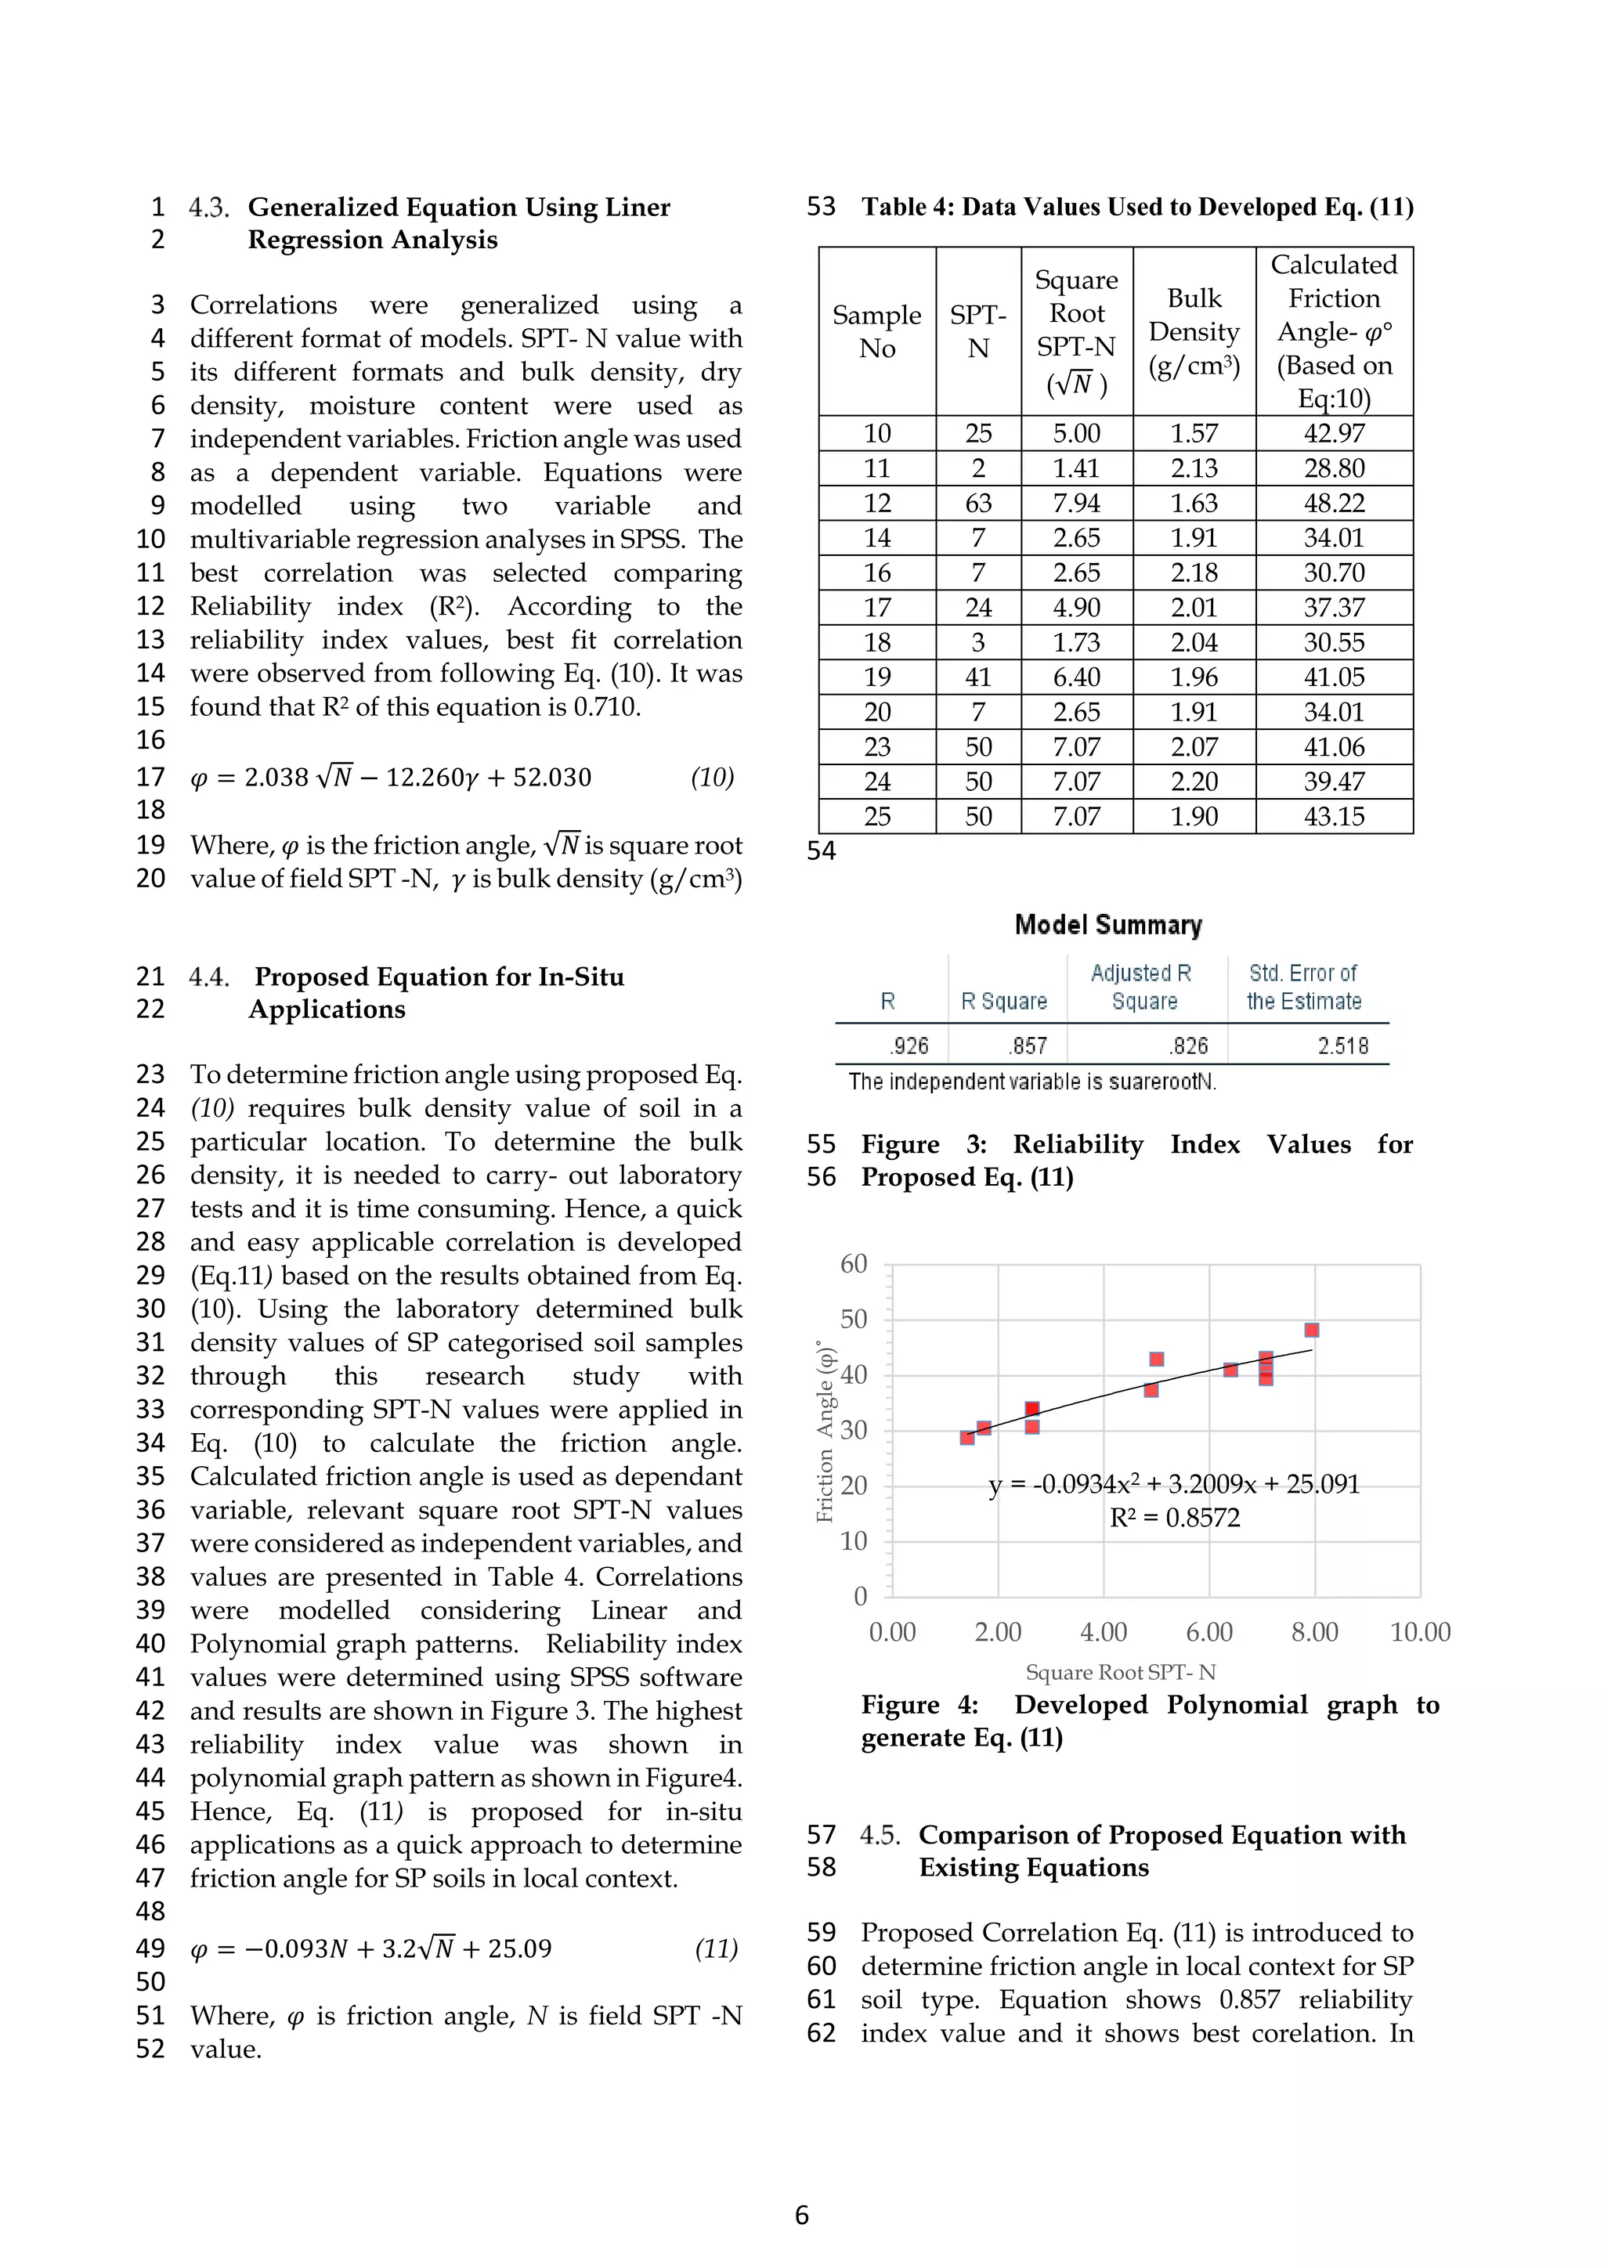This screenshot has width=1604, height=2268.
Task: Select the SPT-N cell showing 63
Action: [x=977, y=503]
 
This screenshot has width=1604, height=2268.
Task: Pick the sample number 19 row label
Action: [x=877, y=677]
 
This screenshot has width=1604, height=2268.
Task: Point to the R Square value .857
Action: [x=1028, y=1046]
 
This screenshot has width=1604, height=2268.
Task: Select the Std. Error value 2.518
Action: [x=1342, y=1046]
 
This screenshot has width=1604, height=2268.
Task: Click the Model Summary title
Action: [x=1107, y=925]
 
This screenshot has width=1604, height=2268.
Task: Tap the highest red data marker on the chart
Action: [x=1312, y=1330]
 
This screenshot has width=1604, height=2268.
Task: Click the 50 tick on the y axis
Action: [x=854, y=1319]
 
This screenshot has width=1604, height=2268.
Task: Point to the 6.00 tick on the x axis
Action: [x=1209, y=1632]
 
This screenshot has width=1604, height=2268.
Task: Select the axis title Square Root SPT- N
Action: [x=1120, y=1672]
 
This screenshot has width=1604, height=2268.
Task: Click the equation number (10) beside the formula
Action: [x=712, y=778]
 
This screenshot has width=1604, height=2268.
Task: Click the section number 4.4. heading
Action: [x=209, y=977]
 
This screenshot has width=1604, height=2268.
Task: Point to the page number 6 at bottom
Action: [x=802, y=2215]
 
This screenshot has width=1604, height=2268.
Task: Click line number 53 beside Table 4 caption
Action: [x=821, y=207]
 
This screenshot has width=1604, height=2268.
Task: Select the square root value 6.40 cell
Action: [x=1075, y=677]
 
